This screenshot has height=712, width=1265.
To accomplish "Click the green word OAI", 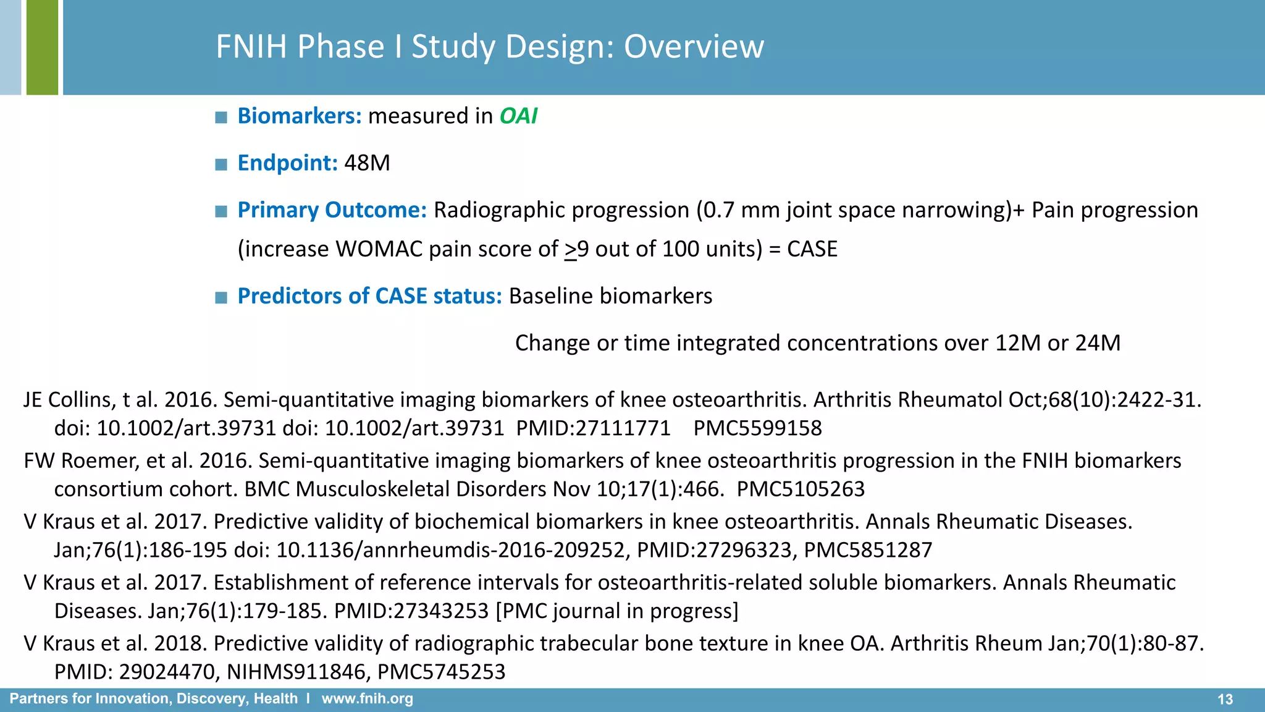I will coord(518,116).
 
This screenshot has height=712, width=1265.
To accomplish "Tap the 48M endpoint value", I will coord(367,163).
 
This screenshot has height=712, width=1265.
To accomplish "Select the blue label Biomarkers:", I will coord(300,116).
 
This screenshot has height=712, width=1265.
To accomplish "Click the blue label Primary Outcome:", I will coord(332,210).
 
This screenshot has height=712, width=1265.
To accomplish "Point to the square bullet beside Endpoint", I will coord(221,164).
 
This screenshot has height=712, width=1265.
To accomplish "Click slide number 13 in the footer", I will coord(1225,699).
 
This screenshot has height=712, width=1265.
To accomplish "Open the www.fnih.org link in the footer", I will coord(367,699).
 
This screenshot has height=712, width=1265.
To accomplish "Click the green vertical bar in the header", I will coord(42,47).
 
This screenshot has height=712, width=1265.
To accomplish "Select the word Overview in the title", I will coord(694,47).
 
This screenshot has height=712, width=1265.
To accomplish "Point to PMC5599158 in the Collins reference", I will coord(757,428).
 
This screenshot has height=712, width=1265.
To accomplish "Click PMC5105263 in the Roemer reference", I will coord(801,489).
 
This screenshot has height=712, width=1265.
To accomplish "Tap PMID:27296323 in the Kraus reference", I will coord(714,550).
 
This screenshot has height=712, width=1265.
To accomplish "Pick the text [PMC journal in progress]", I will coord(617,611).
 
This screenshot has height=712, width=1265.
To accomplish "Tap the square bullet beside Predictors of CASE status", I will coord(221,297).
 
